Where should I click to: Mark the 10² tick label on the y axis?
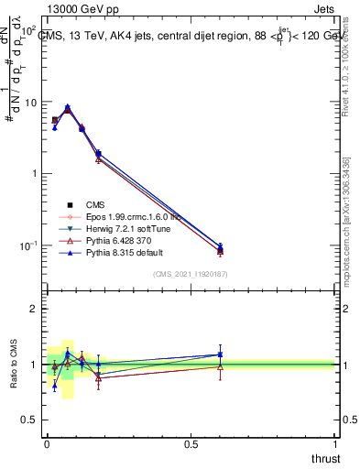click(27, 31)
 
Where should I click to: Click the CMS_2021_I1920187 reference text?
click(191, 273)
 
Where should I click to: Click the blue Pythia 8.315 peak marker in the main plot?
click(67, 106)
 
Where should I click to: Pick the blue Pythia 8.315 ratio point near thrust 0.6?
click(220, 354)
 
